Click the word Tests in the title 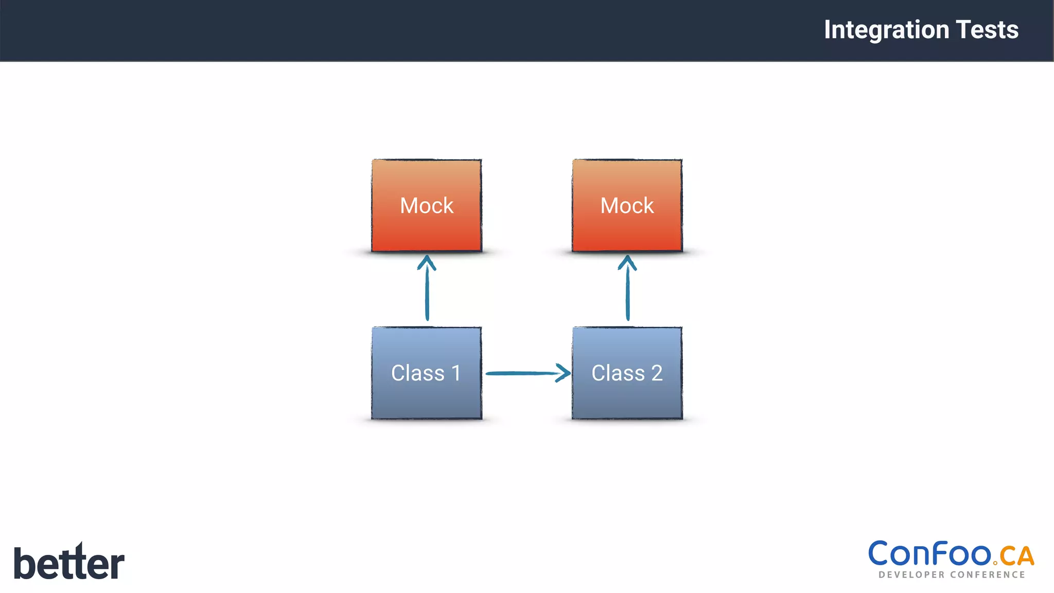pyautogui.click(x=987, y=30)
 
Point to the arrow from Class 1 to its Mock pyautogui.click(x=427, y=293)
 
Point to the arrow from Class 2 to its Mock pyautogui.click(x=627, y=293)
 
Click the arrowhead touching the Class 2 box pyautogui.click(x=564, y=373)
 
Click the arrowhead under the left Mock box pyautogui.click(x=427, y=262)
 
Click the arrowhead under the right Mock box pyautogui.click(x=627, y=262)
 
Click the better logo pyautogui.click(x=69, y=563)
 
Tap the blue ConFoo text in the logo pyautogui.click(x=929, y=554)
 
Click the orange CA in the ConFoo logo pyautogui.click(x=1016, y=556)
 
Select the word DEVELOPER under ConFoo pyautogui.click(x=911, y=575)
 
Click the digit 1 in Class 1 pyautogui.click(x=455, y=373)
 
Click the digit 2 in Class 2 pyautogui.click(x=657, y=373)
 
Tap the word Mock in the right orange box pyautogui.click(x=627, y=206)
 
